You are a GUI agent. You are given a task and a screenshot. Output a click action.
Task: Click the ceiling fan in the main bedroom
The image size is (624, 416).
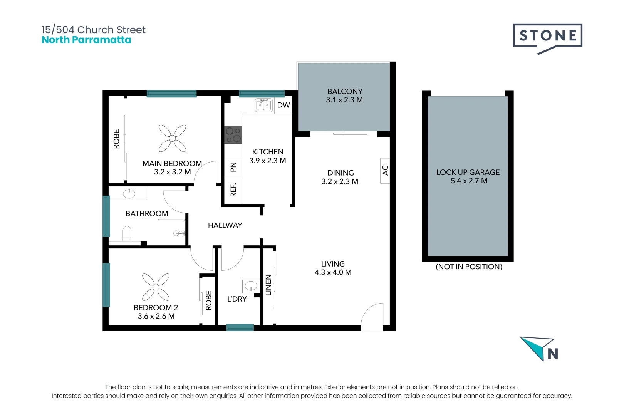point(172,138)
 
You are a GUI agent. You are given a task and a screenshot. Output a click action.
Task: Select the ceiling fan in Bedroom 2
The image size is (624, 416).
point(156,287)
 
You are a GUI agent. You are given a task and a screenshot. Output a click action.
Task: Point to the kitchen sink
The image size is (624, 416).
point(264,105)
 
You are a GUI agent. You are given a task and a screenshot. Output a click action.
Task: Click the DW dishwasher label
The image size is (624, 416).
point(283,105)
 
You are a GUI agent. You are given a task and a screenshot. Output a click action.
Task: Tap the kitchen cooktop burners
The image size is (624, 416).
point(233,135)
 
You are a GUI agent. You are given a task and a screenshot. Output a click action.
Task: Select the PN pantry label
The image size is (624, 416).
point(233,167)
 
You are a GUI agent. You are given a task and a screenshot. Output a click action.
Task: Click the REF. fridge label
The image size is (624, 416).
point(233,190)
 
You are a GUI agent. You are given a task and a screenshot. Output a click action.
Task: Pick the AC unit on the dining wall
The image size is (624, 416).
point(385,170)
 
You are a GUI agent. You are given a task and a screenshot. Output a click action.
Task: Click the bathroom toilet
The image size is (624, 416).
point(127,234)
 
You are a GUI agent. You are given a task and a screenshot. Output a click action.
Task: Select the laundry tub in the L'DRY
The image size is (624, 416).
point(251,286)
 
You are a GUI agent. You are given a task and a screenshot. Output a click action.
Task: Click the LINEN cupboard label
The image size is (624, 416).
point(268,285)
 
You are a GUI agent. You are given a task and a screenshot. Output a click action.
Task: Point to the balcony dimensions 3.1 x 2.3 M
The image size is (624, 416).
point(344,100)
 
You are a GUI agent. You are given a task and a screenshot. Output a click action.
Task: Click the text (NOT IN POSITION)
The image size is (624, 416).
point(469,267)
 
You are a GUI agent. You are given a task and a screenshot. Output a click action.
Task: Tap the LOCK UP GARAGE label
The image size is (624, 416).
point(468,172)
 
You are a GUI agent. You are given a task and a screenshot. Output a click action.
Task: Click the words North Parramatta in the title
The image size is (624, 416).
point(86,40)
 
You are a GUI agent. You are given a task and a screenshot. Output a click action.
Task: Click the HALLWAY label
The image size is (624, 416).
point(225,225)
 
